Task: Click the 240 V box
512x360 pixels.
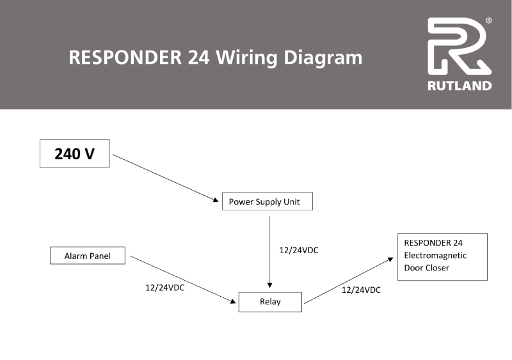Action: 74,153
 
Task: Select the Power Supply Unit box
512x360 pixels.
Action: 268,202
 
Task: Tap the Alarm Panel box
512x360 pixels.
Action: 87,256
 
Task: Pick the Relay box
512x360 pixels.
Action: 269,302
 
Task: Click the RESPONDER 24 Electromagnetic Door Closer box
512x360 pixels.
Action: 442,256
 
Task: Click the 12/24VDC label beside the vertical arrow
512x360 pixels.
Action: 299,251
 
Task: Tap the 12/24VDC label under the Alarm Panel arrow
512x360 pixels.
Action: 165,288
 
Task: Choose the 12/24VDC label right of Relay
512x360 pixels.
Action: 361,290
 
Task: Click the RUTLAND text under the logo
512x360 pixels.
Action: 460,85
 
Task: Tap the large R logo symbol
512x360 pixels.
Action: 457,47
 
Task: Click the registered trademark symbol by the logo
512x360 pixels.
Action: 489,21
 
